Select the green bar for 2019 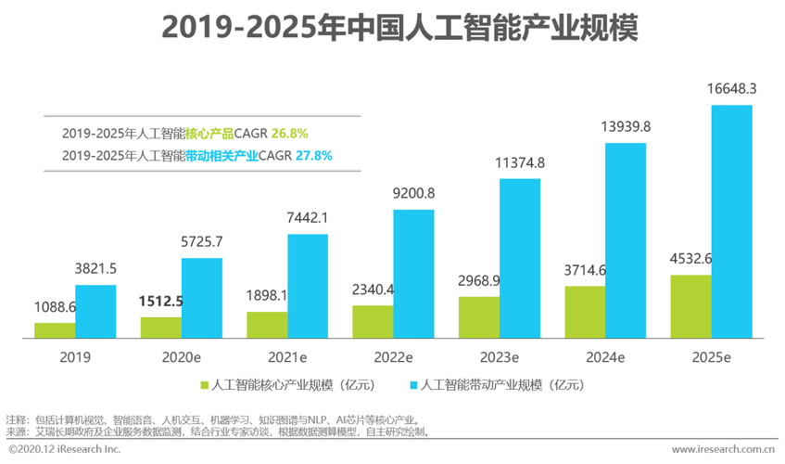click(55, 329)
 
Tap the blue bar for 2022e click(413, 273)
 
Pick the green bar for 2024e click(585, 311)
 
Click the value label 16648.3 click(732, 89)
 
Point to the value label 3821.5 click(95, 269)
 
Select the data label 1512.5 click(160, 301)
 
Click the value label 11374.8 click(520, 162)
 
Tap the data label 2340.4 click(374, 290)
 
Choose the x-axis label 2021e click(287, 355)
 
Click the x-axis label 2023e click(499, 355)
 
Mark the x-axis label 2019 click(75, 355)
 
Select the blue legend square click(413, 383)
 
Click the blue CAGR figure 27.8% click(313, 156)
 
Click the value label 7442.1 click(308, 217)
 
